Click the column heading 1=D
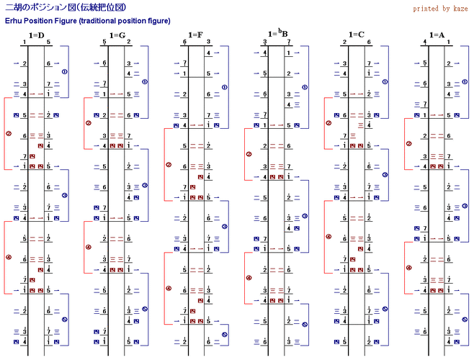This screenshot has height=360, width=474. click(x=36, y=35)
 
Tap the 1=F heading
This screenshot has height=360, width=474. click(x=196, y=35)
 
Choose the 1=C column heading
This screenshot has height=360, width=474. click(x=356, y=35)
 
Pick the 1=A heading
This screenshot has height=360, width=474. click(x=437, y=35)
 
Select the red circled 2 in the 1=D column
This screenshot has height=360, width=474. click(x=8, y=133)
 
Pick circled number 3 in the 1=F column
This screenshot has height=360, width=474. click(x=224, y=226)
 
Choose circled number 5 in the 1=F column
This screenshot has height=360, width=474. click(x=224, y=334)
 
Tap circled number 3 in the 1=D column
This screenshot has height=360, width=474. click(x=65, y=195)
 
